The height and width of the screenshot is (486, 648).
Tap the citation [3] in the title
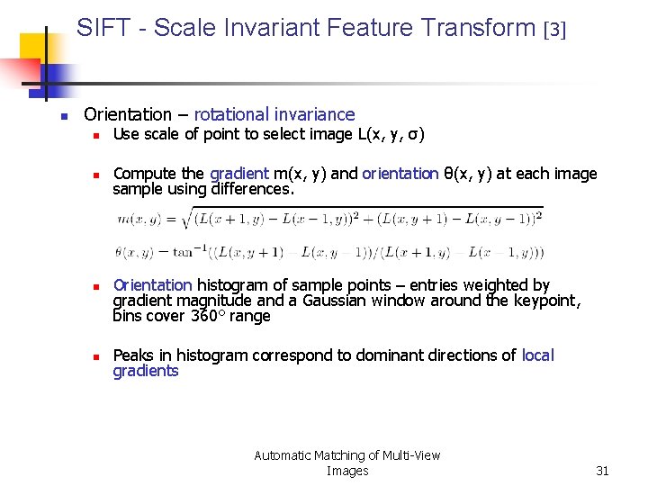(x=555, y=30)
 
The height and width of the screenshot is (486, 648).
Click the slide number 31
(x=603, y=471)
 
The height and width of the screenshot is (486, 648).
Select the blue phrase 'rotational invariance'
(x=274, y=114)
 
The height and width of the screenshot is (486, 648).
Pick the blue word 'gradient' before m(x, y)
(x=239, y=174)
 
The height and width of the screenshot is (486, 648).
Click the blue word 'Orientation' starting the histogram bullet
(x=152, y=285)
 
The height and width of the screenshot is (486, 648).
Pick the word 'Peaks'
(x=133, y=355)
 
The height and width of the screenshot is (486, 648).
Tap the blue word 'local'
(x=537, y=355)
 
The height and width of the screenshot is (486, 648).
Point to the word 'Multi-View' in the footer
(x=409, y=455)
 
